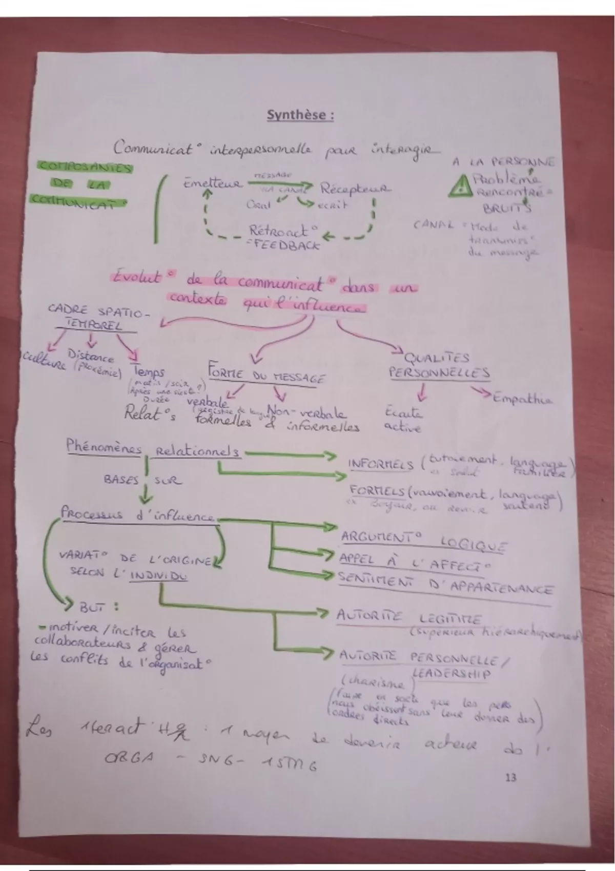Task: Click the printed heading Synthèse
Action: (300, 115)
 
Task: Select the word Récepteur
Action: (355, 189)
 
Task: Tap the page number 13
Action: (510, 778)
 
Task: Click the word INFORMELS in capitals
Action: (380, 464)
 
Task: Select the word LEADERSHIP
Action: (451, 673)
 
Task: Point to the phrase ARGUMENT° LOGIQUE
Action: (423, 541)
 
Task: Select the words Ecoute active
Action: (403, 419)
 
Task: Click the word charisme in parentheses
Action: (373, 685)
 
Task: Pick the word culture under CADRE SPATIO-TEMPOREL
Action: (44, 363)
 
